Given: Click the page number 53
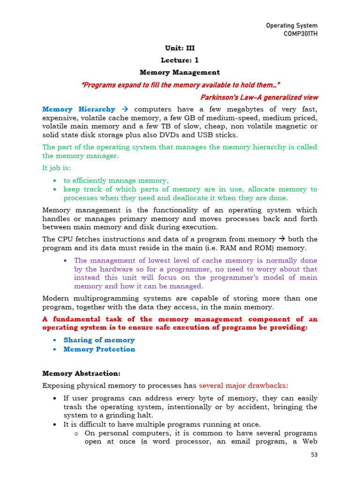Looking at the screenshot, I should click(x=314, y=455).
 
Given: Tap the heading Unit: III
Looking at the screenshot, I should click(x=180, y=48).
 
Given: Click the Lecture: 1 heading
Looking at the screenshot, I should click(x=180, y=60).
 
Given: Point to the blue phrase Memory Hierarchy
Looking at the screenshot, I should click(x=78, y=109).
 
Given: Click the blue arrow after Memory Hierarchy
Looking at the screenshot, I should click(x=125, y=109).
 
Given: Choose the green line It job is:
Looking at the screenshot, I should click(x=57, y=168).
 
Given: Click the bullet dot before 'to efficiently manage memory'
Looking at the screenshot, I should click(x=55, y=181).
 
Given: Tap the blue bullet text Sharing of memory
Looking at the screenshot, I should click(x=99, y=340).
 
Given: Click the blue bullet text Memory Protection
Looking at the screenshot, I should click(x=99, y=349).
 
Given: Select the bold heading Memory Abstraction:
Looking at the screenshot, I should click(x=81, y=374).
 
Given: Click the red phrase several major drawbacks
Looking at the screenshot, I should click(x=242, y=386).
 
